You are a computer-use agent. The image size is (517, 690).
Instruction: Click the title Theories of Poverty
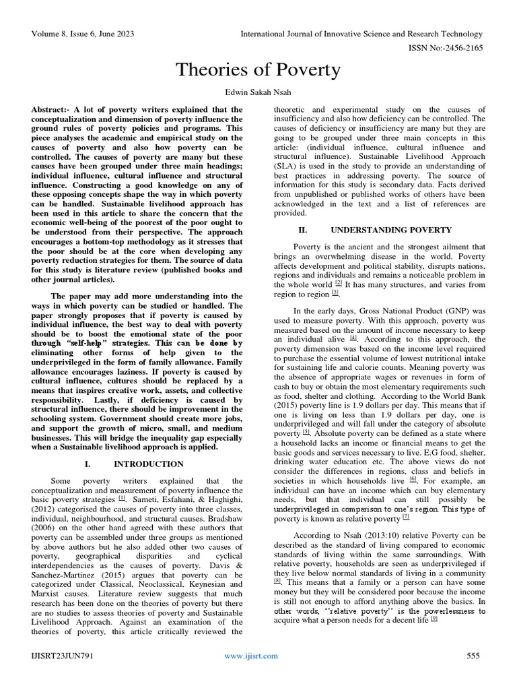(x=258, y=69)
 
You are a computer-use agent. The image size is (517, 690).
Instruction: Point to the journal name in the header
(x=364, y=34)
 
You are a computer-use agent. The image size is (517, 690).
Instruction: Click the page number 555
(x=474, y=673)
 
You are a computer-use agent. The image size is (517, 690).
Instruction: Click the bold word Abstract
(x=50, y=109)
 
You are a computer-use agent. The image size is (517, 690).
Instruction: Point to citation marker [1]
(x=122, y=499)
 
